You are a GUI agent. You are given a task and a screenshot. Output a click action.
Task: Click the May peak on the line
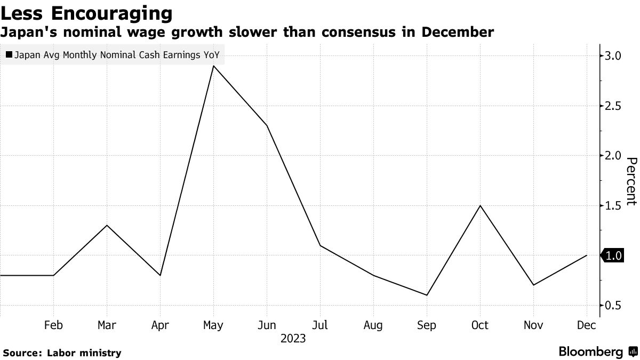(x=213, y=66)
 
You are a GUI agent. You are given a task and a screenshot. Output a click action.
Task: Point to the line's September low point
(x=427, y=295)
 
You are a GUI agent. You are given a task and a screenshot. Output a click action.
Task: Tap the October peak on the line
(x=480, y=205)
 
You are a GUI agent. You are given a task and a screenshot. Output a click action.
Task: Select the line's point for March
(x=107, y=225)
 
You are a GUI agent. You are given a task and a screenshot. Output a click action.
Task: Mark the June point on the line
(x=267, y=125)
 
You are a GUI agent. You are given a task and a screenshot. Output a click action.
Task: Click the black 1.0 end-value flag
(x=613, y=255)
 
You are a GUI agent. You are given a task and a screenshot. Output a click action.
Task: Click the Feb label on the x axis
(x=53, y=325)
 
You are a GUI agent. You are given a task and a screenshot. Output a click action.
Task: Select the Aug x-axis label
(x=373, y=325)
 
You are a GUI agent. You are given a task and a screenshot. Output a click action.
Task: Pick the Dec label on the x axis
(x=587, y=325)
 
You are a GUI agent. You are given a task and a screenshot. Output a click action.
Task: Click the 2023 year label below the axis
(x=293, y=338)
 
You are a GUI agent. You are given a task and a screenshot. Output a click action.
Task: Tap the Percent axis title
(x=631, y=181)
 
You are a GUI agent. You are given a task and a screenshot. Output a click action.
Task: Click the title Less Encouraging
(x=87, y=12)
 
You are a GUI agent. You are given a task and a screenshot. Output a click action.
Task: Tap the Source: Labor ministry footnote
(x=62, y=353)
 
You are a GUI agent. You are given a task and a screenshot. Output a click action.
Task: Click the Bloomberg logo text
(x=590, y=352)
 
